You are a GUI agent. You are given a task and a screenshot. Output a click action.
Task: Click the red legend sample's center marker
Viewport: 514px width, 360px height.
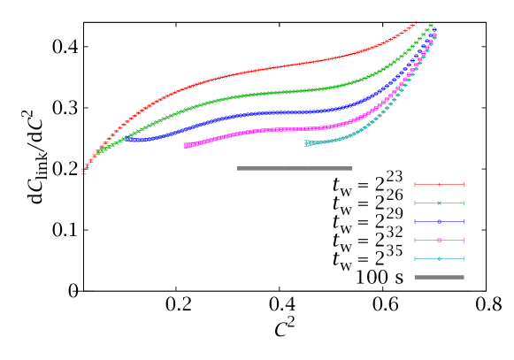pyautogui.click(x=439, y=184)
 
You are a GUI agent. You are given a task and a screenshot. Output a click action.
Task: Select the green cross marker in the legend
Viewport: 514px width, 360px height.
pyautogui.click(x=439, y=203)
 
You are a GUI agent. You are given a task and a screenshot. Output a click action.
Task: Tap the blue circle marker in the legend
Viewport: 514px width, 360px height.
pyautogui.click(x=439, y=221)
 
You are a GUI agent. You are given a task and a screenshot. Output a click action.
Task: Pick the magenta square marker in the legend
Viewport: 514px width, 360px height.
pyautogui.click(x=439, y=240)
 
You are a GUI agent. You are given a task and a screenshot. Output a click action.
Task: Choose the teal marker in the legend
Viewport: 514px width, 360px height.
pyautogui.click(x=439, y=258)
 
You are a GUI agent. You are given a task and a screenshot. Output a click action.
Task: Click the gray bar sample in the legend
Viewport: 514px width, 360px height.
pyautogui.click(x=439, y=277)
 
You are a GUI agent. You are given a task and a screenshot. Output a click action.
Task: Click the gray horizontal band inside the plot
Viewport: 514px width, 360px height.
pyautogui.click(x=294, y=168)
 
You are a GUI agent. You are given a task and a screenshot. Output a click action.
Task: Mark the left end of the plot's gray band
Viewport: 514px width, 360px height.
pyautogui.click(x=237, y=168)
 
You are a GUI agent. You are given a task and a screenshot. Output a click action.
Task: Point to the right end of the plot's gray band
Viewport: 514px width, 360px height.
pyautogui.click(x=352, y=168)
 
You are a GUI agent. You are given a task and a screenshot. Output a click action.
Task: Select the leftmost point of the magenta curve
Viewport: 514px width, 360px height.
pyautogui.click(x=186, y=145)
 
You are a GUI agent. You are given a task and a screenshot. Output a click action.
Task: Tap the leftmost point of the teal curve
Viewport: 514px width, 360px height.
pyautogui.click(x=307, y=142)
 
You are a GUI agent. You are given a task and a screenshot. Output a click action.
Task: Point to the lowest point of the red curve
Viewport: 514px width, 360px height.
pyautogui.click(x=83, y=172)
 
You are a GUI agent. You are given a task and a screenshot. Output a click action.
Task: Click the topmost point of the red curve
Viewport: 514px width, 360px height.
pyautogui.click(x=416, y=23)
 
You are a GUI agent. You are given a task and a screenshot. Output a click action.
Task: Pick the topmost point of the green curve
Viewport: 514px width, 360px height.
pyautogui.click(x=431, y=25)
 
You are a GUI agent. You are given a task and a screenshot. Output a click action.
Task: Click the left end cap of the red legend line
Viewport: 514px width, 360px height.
pyautogui.click(x=415, y=184)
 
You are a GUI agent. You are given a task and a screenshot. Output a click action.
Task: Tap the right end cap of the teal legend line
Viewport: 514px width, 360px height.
pyautogui.click(x=464, y=258)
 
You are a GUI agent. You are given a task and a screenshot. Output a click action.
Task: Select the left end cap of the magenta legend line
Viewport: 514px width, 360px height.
pyautogui.click(x=415, y=240)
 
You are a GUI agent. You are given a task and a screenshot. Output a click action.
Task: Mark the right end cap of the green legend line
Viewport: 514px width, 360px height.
pyautogui.click(x=464, y=203)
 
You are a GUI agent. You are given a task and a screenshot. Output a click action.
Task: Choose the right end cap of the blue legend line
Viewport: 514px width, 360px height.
pyautogui.click(x=464, y=221)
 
